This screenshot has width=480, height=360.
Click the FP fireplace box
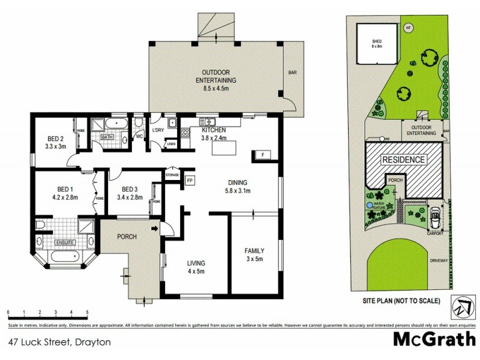coord(190,180)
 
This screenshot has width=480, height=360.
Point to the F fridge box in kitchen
coord(262,155)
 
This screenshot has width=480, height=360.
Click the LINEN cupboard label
coord(172,144)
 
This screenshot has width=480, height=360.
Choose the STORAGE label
coord(173,175)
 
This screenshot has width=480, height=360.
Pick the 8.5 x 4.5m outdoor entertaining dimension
coord(216,88)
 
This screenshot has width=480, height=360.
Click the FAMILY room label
coord(254,251)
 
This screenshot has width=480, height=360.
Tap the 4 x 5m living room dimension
coord(196,271)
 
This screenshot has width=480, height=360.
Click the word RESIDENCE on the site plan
coord(404,160)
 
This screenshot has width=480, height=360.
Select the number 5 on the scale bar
coord(88,313)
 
